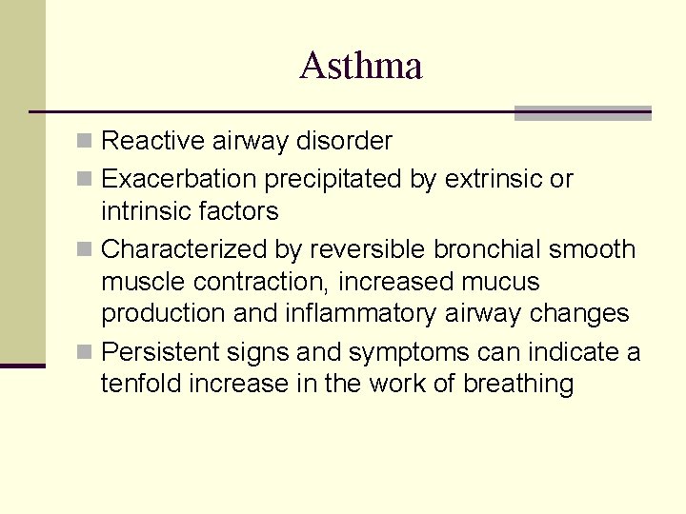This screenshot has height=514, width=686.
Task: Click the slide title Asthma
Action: [360, 66]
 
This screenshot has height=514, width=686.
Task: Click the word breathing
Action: [519, 385]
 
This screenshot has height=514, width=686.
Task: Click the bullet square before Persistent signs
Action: [85, 353]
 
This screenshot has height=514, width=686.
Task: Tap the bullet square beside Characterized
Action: [85, 250]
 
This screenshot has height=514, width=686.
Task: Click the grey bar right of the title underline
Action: [582, 112]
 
